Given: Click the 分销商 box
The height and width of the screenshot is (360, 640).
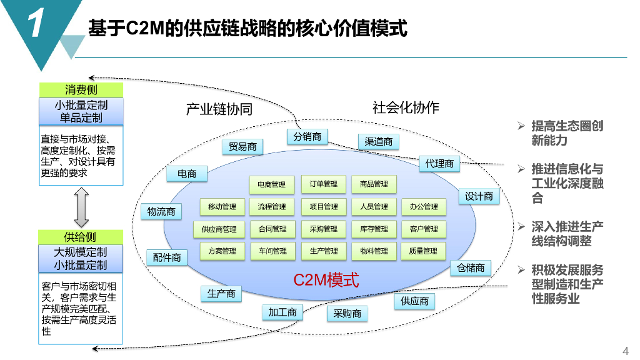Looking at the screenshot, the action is click(307, 136).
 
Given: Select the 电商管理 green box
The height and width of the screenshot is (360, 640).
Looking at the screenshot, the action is click(271, 184).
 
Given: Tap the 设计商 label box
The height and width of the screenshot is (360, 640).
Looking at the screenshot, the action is click(479, 196).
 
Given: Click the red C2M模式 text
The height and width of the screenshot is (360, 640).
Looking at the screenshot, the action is click(326, 280).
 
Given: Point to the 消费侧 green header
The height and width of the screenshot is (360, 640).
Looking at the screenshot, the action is click(81, 90).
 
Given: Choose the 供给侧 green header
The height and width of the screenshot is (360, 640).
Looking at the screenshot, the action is click(81, 237).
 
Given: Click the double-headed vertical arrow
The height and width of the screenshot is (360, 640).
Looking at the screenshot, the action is click(82, 207).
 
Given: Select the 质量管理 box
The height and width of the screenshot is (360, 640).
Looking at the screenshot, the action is click(423, 251).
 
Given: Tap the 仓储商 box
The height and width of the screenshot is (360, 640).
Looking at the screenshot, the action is click(471, 267).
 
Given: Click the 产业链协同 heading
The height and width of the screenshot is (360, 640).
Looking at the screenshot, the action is click(219, 109).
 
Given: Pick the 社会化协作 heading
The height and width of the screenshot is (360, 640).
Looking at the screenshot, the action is click(406, 107).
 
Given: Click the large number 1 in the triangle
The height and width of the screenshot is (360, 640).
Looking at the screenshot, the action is click(36, 22).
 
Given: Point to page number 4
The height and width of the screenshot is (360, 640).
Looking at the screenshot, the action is click(625, 351).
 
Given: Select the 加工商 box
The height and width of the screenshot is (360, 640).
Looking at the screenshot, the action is click(282, 312).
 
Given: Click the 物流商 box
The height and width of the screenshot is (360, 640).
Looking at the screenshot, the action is click(161, 211).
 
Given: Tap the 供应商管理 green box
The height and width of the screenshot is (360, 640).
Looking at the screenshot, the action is click(219, 229).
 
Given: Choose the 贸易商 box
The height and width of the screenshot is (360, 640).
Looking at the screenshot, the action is click(242, 146).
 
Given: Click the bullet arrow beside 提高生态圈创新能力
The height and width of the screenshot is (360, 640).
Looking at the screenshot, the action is click(521, 126).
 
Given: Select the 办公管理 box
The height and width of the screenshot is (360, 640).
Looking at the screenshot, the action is click(424, 206).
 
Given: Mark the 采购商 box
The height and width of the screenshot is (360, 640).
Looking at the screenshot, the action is click(347, 314).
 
